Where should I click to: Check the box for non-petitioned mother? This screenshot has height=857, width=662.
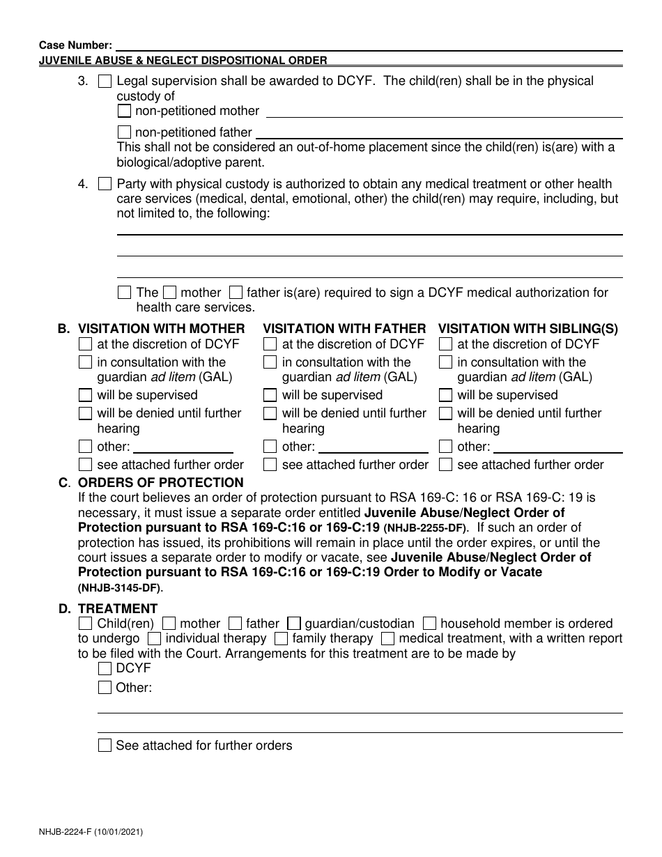click(124, 111)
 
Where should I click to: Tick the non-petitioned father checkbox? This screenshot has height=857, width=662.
click(124, 132)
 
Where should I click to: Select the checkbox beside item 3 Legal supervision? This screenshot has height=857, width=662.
click(105, 82)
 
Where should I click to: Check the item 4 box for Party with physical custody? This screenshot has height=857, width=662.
click(105, 185)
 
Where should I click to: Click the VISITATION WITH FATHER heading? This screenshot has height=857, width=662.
click(344, 328)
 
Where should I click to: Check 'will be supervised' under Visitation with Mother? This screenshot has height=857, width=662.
click(85, 395)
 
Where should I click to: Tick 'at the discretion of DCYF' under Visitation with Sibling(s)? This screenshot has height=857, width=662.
click(445, 344)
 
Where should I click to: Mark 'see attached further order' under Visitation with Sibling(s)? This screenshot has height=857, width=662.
click(445, 465)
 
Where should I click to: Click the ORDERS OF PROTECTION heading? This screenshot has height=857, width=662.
click(160, 483)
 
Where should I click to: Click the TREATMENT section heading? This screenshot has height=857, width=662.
click(118, 608)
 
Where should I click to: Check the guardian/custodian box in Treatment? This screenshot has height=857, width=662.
click(294, 624)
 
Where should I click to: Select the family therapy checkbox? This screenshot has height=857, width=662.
click(282, 638)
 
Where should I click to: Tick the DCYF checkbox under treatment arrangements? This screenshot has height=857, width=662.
click(105, 669)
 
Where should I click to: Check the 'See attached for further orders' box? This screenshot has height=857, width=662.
click(105, 746)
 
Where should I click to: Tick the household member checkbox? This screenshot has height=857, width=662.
click(430, 624)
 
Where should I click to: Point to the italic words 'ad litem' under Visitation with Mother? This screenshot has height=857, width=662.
click(174, 377)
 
